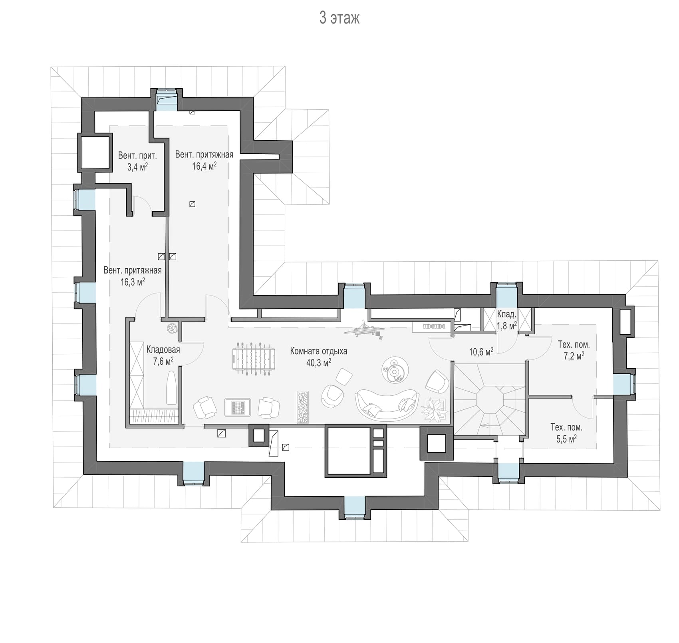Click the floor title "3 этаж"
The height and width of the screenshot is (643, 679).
click(339, 18)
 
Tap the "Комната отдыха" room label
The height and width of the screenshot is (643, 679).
click(318, 351)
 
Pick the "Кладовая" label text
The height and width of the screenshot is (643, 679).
click(163, 350)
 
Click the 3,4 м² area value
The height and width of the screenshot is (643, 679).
click(137, 167)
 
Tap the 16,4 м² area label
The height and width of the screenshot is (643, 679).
click(204, 166)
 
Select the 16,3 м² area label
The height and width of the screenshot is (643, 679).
click(133, 282)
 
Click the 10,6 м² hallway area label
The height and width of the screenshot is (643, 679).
click(481, 352)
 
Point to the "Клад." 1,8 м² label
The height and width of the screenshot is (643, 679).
click(506, 320)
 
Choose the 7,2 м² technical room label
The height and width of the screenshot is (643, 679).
click(574, 356)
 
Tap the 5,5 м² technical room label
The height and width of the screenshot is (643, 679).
click(566, 439)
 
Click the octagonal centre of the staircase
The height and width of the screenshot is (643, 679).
click(489, 399)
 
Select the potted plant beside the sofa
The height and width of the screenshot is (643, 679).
click(434, 409)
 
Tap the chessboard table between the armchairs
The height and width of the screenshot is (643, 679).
click(237, 407)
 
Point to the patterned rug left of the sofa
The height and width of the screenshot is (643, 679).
click(303, 407)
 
